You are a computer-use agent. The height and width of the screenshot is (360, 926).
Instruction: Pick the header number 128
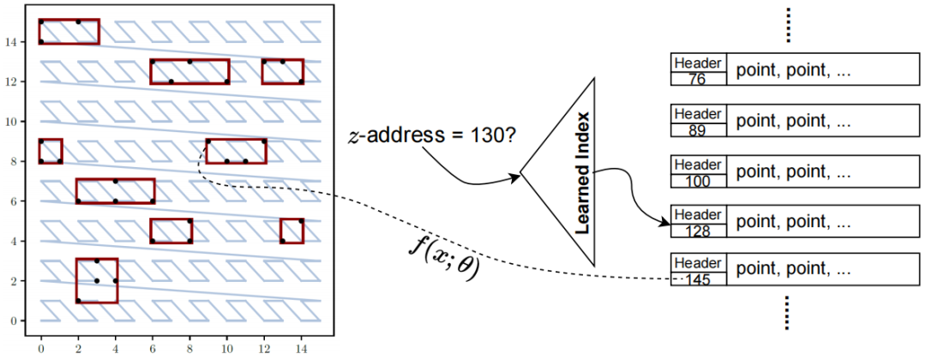[699, 230]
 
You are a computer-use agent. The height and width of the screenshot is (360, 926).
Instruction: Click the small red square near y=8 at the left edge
[51, 150]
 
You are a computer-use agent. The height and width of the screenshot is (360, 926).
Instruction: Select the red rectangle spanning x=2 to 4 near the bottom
[96, 280]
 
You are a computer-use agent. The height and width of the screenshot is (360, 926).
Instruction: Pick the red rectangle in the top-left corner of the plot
[69, 31]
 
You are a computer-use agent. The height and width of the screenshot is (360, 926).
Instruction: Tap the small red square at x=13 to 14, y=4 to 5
[292, 231]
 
